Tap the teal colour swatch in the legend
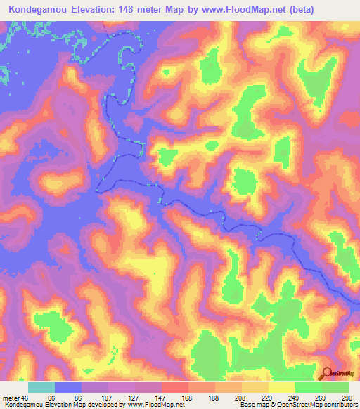[x=41, y=387]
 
